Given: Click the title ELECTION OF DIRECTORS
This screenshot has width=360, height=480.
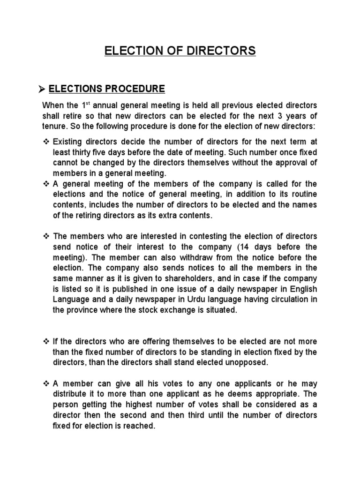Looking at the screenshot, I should (180, 51).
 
